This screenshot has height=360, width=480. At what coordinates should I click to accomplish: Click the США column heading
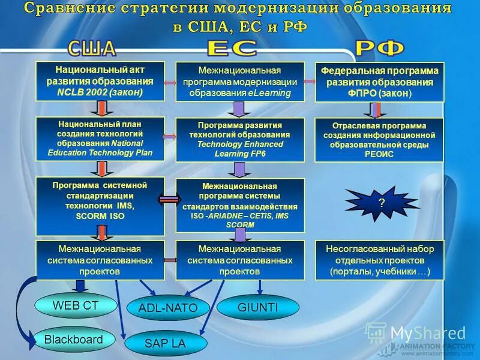coord(92,48)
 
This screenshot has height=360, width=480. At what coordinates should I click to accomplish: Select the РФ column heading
coord(379,48)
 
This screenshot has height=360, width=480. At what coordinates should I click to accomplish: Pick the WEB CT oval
coord(75,305)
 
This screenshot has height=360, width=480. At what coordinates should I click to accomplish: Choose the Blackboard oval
coord(73,340)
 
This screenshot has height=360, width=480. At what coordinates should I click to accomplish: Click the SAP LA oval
coord(163,343)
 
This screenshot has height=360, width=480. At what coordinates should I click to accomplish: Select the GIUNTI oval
coord(257,307)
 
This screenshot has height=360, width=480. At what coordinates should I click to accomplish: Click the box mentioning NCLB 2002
coord(100,80)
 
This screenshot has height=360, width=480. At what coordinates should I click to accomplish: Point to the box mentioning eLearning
coord(239,82)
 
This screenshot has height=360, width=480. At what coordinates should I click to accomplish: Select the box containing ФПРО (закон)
coord(379,82)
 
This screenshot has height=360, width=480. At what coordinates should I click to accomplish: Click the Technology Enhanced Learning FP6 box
coord(239,139)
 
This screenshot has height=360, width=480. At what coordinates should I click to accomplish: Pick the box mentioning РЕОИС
coord(379,139)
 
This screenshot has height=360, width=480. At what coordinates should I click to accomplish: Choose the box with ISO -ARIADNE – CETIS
coord(239,205)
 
